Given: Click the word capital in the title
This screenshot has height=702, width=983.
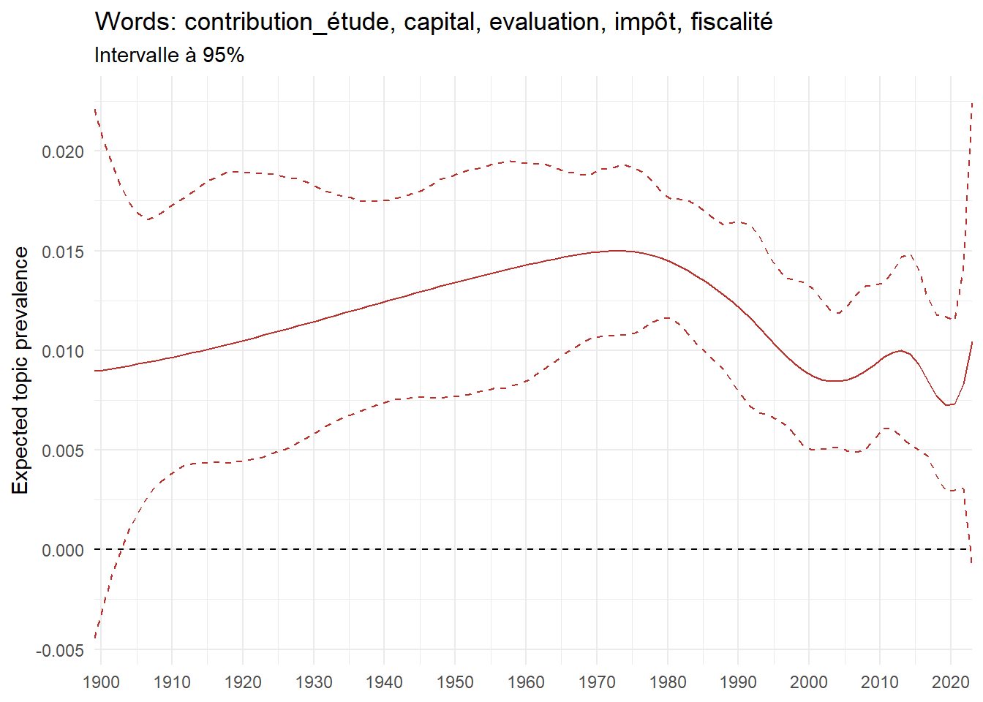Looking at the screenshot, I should click(x=440, y=23).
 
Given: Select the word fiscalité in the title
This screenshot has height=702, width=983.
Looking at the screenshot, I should click(x=731, y=23).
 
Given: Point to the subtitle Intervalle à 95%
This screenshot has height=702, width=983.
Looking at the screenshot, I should click(x=169, y=56).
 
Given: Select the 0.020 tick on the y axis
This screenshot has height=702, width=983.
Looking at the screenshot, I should click(x=63, y=152).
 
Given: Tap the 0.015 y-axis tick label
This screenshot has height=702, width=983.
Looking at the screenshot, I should click(x=63, y=252).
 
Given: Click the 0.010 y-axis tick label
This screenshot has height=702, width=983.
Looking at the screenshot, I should click(x=63, y=351).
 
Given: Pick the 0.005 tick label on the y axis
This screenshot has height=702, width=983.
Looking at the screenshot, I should click(x=63, y=450).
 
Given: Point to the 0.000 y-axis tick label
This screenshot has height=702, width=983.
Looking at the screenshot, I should click(x=63, y=550).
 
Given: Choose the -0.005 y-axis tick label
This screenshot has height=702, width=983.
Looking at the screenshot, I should click(x=60, y=650).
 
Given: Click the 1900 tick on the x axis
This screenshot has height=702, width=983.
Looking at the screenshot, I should click(x=101, y=682).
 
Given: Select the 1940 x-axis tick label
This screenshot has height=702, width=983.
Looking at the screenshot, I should click(x=384, y=682).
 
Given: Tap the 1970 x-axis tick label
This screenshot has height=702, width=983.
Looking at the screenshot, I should click(x=597, y=682).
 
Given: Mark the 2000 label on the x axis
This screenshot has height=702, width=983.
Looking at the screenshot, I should click(x=809, y=682).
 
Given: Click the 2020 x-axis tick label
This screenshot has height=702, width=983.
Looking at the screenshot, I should click(x=950, y=682).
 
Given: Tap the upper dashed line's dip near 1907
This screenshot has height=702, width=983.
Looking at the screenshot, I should click(x=147, y=219).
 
